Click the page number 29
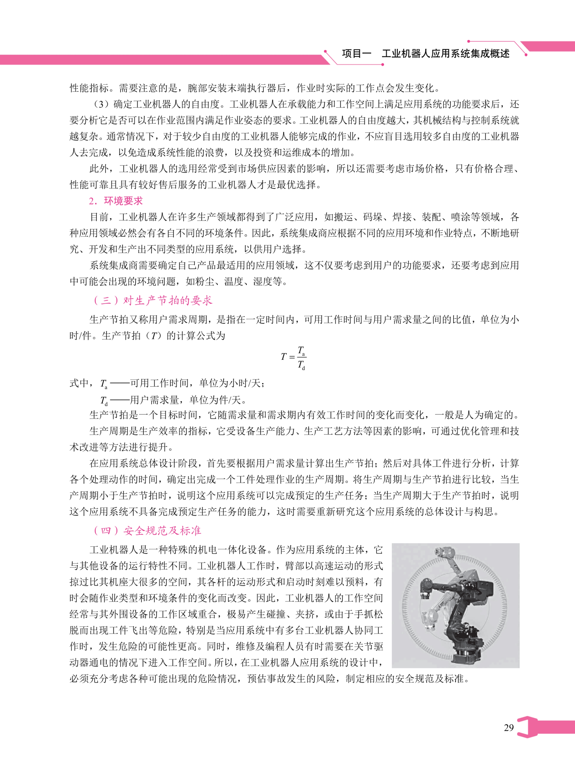click(x=508, y=727)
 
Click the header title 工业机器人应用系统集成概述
click(x=445, y=54)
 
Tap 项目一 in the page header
click(x=356, y=54)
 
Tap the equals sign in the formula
click(x=292, y=357)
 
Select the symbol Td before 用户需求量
click(x=104, y=401)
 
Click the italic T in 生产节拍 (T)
click(x=154, y=336)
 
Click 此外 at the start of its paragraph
click(x=99, y=169)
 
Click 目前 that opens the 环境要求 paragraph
click(x=99, y=217)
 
